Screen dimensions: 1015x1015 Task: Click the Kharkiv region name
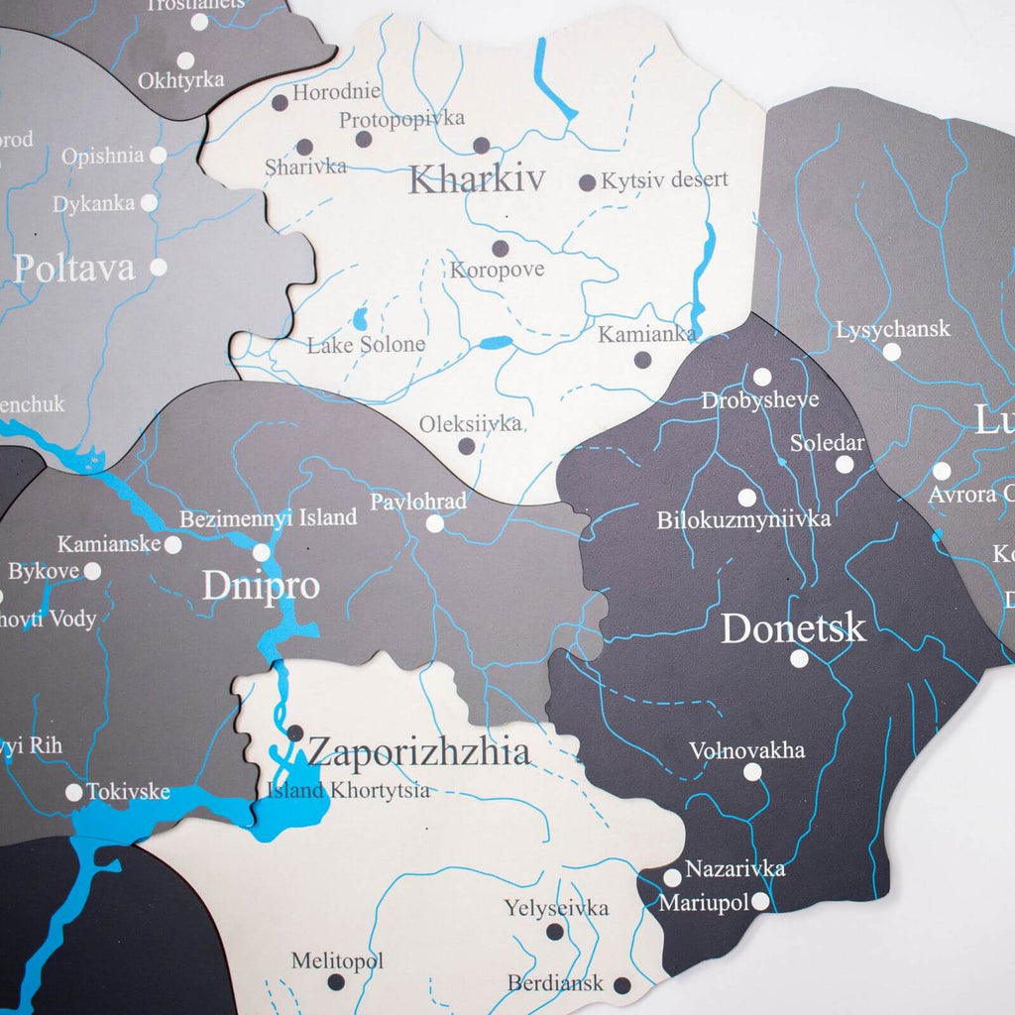477,179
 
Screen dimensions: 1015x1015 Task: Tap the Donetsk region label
793,628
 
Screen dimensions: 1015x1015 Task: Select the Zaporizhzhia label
418,752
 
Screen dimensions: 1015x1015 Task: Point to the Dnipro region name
261,585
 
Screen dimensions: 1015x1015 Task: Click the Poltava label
74,268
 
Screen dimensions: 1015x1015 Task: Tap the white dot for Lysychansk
892,352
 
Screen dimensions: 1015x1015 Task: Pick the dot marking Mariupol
760,902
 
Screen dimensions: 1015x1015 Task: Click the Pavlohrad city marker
435,523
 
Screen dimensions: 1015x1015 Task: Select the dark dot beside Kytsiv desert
587,182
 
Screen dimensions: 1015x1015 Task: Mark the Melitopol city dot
336,982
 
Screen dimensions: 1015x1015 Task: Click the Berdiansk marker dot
621,985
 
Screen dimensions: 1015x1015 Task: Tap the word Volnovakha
746,749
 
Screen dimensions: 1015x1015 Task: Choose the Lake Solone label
366,345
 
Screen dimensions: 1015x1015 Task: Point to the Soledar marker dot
845,464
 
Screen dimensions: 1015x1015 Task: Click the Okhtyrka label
181,80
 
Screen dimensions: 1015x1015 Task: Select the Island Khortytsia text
348,790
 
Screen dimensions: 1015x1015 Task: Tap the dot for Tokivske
74,792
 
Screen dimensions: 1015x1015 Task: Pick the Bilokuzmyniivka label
743,519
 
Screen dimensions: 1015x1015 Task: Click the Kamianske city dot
172,544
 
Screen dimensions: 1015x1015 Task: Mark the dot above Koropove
501,249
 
